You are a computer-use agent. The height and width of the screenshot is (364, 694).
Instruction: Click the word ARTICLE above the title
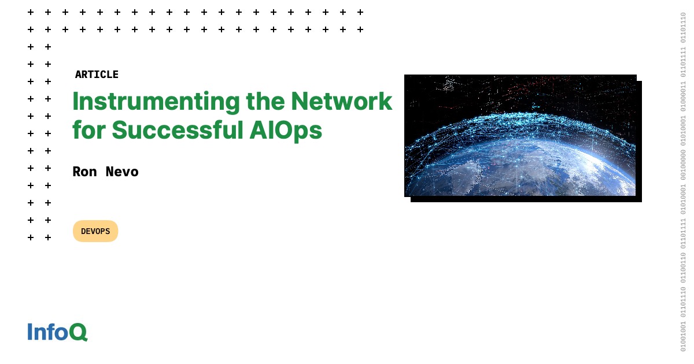point(97,75)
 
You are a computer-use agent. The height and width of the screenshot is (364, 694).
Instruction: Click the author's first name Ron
point(84,172)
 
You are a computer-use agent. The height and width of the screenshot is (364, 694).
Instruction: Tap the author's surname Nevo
point(122,172)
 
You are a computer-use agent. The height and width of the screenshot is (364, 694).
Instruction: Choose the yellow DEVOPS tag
point(95,231)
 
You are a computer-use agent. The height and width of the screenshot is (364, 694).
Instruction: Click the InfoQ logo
point(57,332)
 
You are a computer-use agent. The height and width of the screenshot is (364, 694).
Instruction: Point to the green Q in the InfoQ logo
point(78,332)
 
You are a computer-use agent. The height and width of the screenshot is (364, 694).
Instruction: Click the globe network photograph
point(520,135)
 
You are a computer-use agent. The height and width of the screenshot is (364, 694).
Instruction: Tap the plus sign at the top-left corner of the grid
point(31,12)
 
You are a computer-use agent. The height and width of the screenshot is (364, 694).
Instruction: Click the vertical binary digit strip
point(683,182)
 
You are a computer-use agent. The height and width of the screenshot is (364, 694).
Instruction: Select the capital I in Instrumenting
point(76,102)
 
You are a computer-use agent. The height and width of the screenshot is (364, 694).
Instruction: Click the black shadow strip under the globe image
point(526,199)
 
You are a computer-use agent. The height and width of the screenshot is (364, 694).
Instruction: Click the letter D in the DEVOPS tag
point(84,231)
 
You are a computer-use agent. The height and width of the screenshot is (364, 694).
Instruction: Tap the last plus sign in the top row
point(360,12)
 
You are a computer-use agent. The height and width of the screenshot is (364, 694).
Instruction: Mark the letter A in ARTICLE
point(78,75)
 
